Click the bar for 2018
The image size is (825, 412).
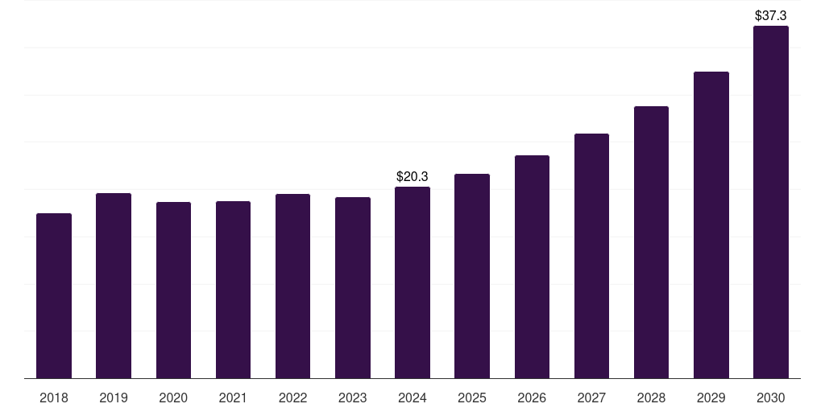[54, 296]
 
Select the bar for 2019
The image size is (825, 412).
[114, 286]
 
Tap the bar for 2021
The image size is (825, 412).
[233, 290]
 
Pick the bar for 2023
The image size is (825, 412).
[353, 288]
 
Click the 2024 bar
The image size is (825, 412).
[412, 282]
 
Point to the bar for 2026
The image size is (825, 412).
[532, 267]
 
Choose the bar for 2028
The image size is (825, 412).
[651, 242]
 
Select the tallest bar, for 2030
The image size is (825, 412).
[771, 202]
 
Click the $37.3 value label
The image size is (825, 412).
[771, 15]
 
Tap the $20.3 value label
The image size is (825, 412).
[412, 176]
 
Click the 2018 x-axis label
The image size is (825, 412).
[54, 398]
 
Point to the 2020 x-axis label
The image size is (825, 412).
[173, 398]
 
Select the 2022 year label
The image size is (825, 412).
[293, 398]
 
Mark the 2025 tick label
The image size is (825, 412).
[472, 398]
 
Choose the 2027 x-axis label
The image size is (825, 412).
[591, 398]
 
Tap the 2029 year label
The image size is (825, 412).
[711, 398]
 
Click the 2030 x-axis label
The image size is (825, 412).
[771, 398]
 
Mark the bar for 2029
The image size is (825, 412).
[711, 225]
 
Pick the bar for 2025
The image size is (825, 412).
[472, 276]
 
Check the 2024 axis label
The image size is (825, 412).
[412, 398]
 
